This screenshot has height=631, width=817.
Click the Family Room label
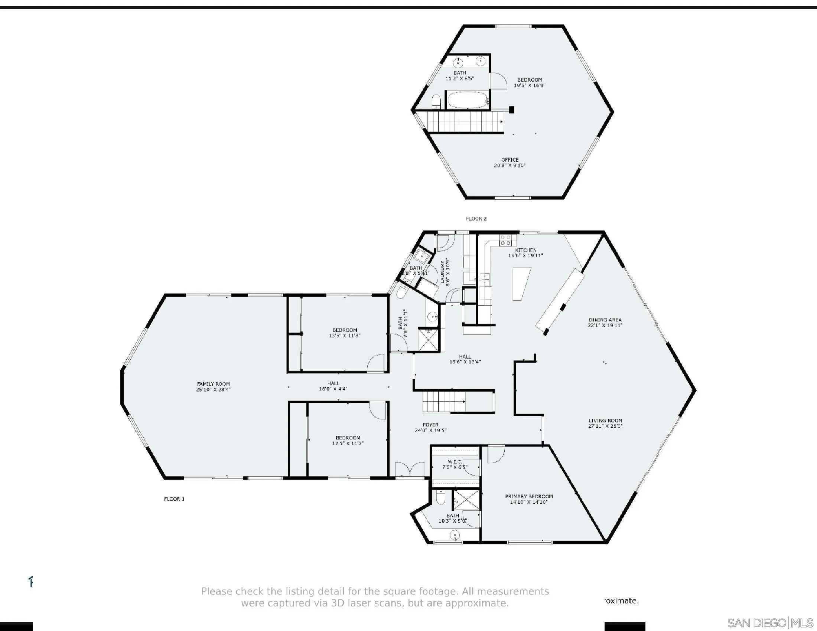click(x=213, y=384)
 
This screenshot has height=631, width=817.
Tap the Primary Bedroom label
click(x=528, y=496)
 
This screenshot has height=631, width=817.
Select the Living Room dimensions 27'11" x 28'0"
click(x=605, y=426)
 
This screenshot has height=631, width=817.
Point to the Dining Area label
click(x=605, y=320)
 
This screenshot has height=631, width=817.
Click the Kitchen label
click(x=525, y=250)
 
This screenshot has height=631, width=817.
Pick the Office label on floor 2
click(x=510, y=160)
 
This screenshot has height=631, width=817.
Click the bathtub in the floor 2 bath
click(x=468, y=100)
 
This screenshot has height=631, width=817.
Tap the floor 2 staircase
click(x=464, y=122)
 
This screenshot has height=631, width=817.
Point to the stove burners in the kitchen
click(x=505, y=240)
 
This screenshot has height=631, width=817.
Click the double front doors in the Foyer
click(x=410, y=469)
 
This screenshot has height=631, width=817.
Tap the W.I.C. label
click(x=455, y=462)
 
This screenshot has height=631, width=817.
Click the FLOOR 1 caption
click(x=174, y=499)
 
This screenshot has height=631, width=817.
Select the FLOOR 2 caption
click(x=476, y=219)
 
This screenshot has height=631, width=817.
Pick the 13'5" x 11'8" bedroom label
click(x=345, y=333)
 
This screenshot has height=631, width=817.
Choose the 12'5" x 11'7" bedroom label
click(x=348, y=440)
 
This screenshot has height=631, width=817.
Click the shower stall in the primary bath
click(x=466, y=499)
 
